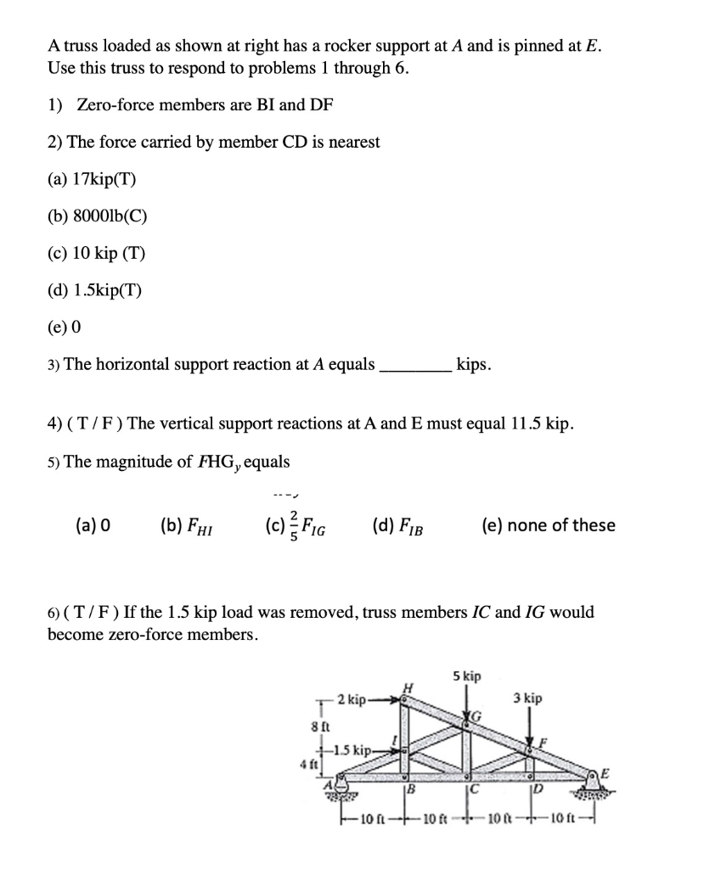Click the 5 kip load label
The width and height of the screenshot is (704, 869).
466,676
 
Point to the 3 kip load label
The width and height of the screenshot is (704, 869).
527,698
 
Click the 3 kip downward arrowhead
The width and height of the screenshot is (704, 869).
530,740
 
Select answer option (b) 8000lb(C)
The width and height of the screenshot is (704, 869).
99,216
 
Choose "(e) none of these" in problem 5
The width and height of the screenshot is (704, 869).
548,525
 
